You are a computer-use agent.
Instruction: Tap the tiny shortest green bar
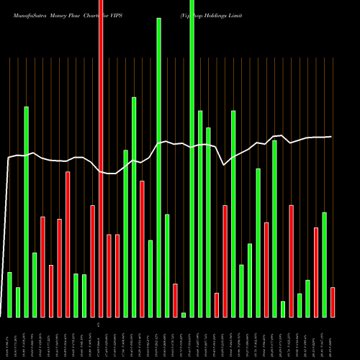click(184, 315)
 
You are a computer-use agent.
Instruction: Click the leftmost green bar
click(9, 294)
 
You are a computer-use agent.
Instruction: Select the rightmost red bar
click(333, 302)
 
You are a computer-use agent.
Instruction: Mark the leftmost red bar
click(42, 266)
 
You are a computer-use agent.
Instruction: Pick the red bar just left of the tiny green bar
click(175, 300)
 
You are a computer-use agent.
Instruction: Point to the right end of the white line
click(331, 137)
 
